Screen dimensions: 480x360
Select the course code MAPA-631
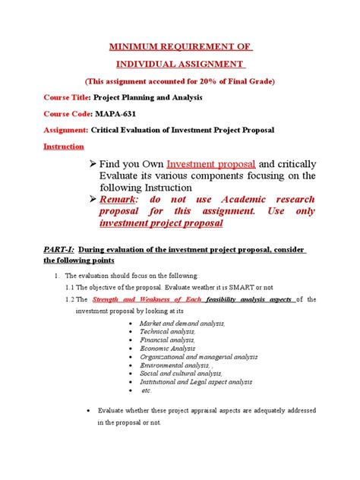click(116, 114)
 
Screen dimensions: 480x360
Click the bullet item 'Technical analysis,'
click(167, 332)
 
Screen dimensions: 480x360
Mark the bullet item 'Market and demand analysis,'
click(182, 323)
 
